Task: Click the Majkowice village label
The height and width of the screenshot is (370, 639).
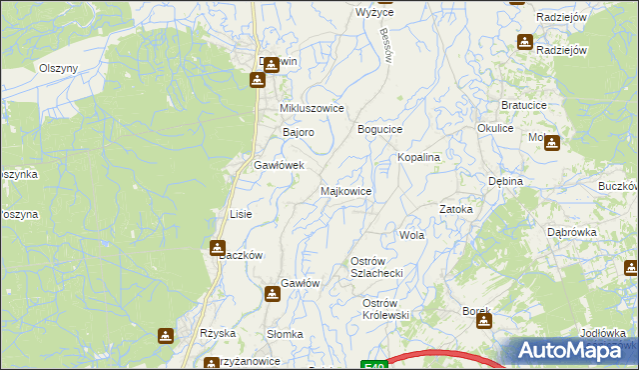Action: click(345, 190)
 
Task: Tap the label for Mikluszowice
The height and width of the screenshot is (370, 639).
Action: click(312, 108)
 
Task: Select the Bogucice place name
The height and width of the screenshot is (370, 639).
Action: click(380, 130)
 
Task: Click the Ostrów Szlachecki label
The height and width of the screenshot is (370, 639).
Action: click(375, 267)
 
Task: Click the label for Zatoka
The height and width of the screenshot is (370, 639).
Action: click(456, 209)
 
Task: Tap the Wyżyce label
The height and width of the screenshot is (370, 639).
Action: click(374, 13)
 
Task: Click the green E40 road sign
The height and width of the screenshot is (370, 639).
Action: click(371, 365)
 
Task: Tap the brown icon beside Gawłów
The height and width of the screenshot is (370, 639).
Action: click(273, 294)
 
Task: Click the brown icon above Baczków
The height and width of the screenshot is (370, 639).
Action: click(218, 246)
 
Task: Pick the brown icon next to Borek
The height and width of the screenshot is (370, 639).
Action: click(484, 322)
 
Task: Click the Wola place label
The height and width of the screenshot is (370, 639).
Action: click(411, 236)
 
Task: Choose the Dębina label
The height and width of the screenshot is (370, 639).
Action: click(507, 182)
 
